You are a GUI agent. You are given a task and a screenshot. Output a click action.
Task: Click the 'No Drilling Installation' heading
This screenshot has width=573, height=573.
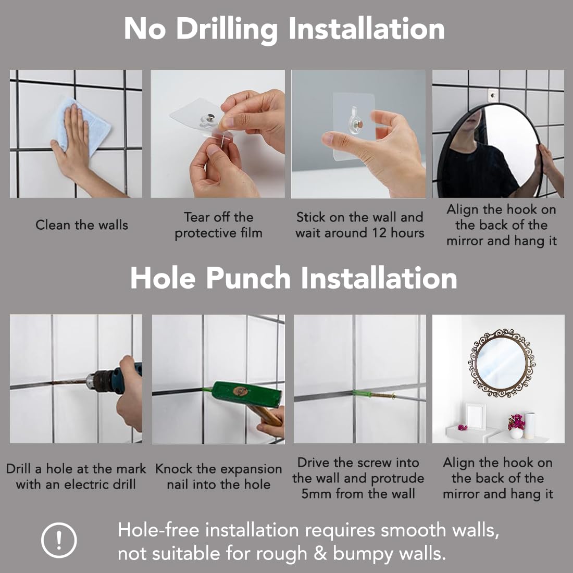tap(284, 29)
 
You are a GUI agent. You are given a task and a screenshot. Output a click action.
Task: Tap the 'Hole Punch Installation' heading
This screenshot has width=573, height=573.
tap(293, 278)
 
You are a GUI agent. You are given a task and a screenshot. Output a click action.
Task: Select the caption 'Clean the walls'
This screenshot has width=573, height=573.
tap(82, 225)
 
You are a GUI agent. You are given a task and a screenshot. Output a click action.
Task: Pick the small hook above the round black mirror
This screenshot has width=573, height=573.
tap(493, 95)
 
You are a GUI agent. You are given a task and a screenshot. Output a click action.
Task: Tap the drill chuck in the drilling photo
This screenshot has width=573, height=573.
tap(98, 381)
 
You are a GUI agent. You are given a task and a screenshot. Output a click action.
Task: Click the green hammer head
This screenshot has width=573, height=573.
tap(247, 394)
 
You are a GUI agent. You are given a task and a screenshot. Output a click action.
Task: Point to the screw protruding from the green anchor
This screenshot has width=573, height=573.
tap(382, 395)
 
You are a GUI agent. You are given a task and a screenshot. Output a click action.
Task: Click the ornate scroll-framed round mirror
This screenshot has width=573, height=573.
tap(501, 363)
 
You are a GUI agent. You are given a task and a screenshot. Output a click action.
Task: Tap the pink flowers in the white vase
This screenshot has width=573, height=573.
tap(516, 421)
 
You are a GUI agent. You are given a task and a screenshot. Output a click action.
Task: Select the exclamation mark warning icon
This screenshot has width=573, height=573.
tap(59, 540)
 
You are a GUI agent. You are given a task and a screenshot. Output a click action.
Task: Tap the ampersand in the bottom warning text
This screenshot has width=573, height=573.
tap(320, 553)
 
